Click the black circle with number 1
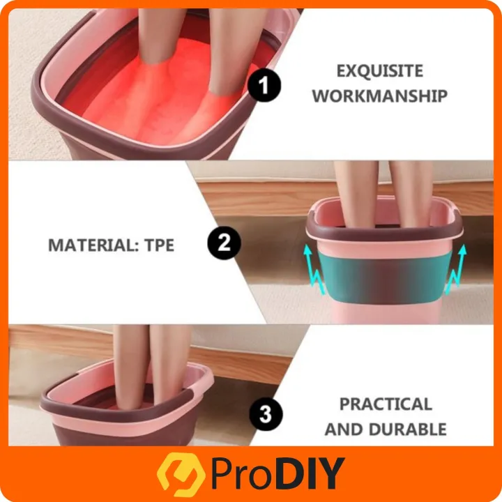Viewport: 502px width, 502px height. coord(264,85)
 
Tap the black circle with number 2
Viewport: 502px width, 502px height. coord(224,243)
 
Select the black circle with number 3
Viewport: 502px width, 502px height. coord(266,413)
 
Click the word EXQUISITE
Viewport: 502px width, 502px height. coord(380,71)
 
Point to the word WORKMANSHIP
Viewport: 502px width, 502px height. coord(380,96)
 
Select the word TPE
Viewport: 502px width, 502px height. coord(159,245)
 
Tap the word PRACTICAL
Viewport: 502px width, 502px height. coord(386,404)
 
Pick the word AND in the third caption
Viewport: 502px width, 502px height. coord(344,429)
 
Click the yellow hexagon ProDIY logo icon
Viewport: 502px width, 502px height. coord(181,474)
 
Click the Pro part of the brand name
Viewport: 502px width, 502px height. coord(245,474)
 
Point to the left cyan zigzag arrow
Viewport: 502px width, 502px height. coord(314,269)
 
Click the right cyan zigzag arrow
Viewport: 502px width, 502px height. coord(456,269)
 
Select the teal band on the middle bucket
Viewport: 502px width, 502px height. coord(384,277)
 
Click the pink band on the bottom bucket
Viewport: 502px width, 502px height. coord(121,423)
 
